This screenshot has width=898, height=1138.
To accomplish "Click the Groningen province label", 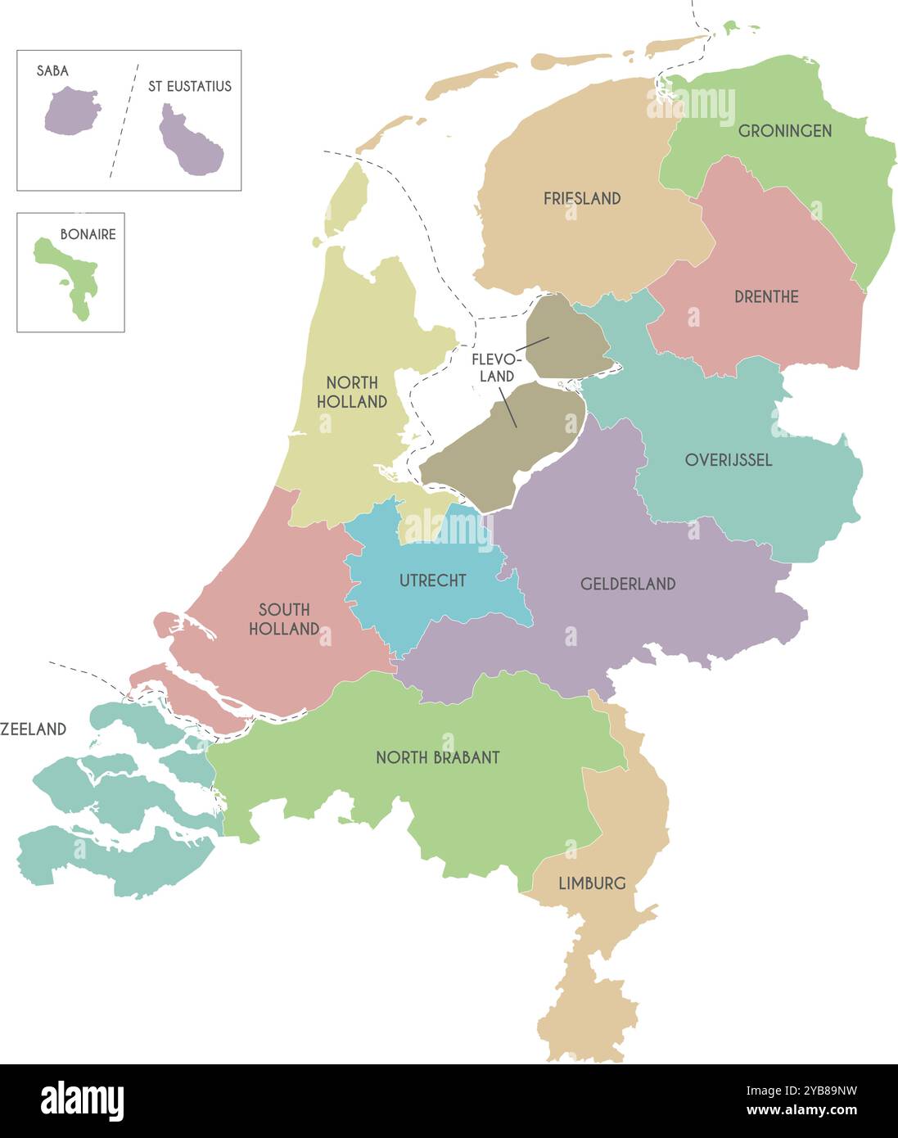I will pos(784,131).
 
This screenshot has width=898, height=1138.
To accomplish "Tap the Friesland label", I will pos(582,198).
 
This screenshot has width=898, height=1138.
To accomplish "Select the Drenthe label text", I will pos(766,296).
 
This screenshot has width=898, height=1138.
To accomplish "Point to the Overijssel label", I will pos(729,460).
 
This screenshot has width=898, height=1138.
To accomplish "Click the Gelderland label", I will pos(628,584).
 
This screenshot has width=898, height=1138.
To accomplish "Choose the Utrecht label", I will pos(432,580).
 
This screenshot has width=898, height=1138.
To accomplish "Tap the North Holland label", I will pos(352,392).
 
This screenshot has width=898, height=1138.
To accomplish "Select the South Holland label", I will pos(284,619).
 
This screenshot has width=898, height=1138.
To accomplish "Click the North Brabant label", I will pos(437,758).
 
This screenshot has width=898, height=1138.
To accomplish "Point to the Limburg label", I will pos(592,883).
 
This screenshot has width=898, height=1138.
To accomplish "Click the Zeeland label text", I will pos(34,729).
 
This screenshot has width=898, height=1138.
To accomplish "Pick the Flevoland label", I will pos(496,368).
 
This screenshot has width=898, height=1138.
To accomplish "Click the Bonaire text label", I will pos(88,234).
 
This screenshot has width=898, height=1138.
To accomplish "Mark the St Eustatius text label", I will pos(189,86).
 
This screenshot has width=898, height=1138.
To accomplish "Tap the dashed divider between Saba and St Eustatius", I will pos(124,120).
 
